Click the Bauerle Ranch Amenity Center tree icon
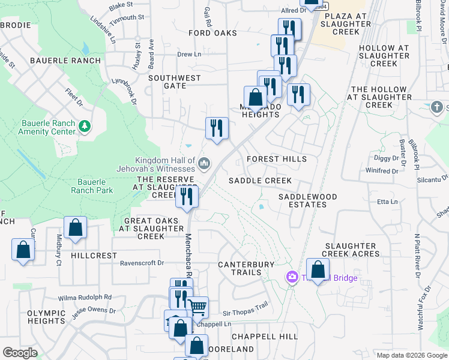(x=85, y=125)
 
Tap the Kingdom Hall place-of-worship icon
(x=204, y=163)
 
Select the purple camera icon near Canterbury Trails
(x=292, y=277)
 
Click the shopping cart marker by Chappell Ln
(x=197, y=308)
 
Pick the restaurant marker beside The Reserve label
(x=187, y=196)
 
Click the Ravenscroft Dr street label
(x=142, y=263)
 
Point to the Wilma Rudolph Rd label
(x=85, y=297)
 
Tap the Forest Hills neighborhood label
(x=277, y=159)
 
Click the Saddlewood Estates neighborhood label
(x=303, y=200)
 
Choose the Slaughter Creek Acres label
(x=352, y=250)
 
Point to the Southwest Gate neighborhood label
(x=175, y=82)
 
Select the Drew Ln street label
(x=189, y=54)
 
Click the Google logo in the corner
(x=20, y=353)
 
